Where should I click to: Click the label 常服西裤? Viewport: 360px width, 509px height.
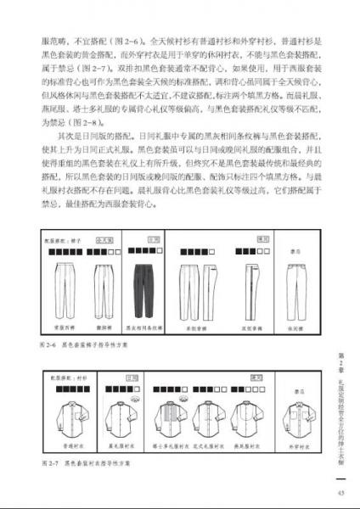click(x=67, y=327)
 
